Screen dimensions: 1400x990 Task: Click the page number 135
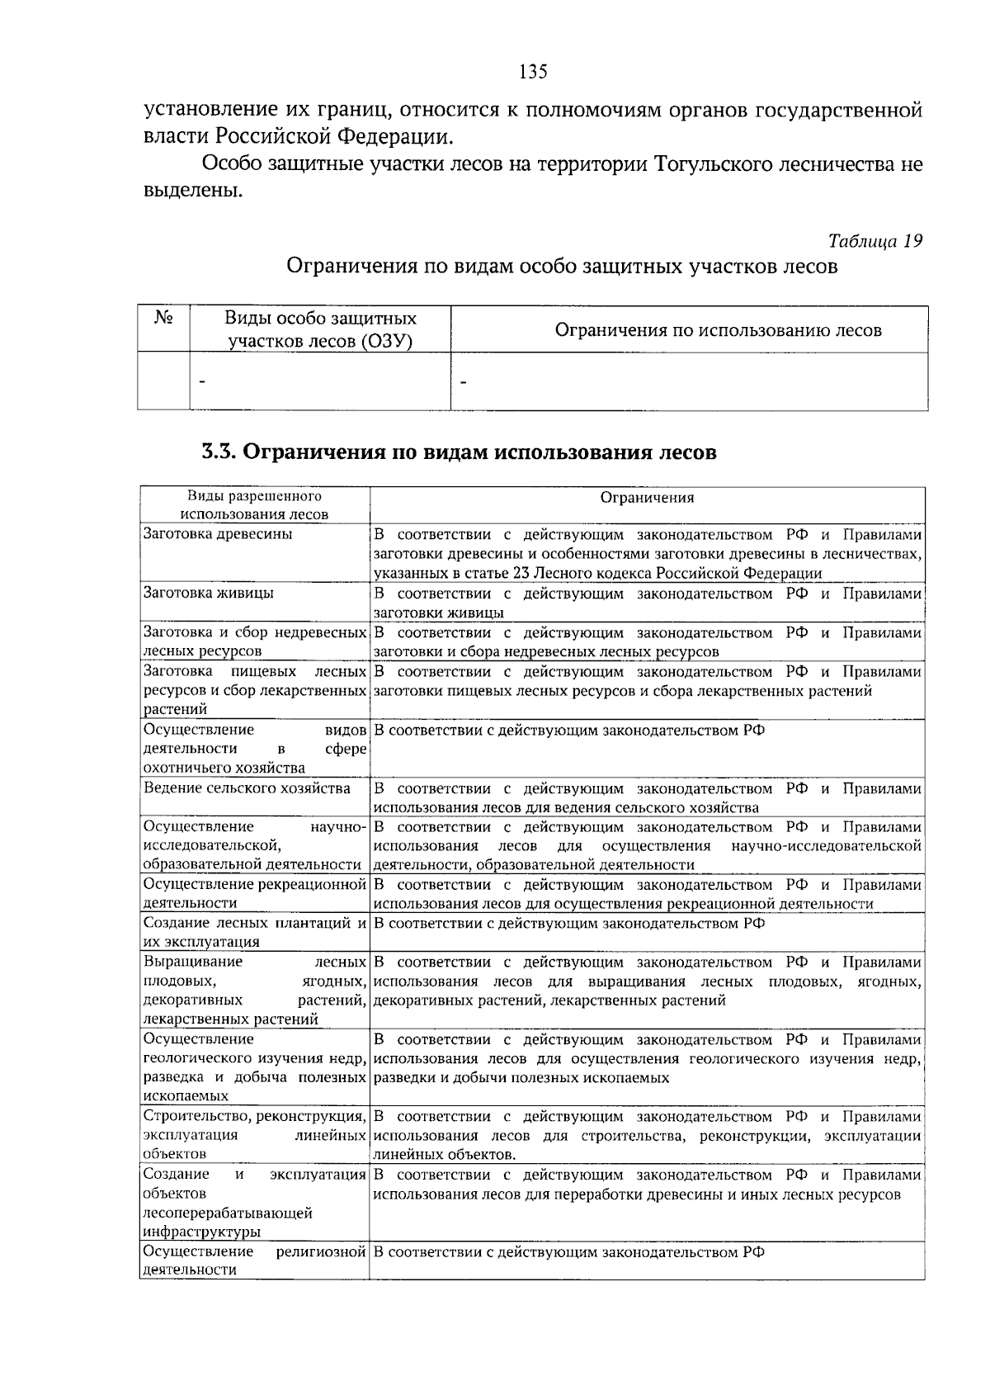pyautogui.click(x=533, y=72)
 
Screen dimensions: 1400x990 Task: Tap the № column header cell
pyautogui.click(x=163, y=319)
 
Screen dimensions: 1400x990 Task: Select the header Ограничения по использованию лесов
pyautogui.click(x=718, y=330)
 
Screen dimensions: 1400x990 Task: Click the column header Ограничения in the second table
pyautogui.click(x=647, y=497)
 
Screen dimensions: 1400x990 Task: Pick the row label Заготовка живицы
pyautogui.click(x=209, y=593)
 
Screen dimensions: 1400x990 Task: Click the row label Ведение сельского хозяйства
pyautogui.click(x=247, y=787)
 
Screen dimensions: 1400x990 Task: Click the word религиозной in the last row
pyautogui.click(x=321, y=1251)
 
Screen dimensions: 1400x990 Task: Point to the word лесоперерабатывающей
pyautogui.click(x=228, y=1213)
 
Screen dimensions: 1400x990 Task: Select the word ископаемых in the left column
pyautogui.click(x=186, y=1096)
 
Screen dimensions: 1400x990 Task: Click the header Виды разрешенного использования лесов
pyautogui.click(x=254, y=504)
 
